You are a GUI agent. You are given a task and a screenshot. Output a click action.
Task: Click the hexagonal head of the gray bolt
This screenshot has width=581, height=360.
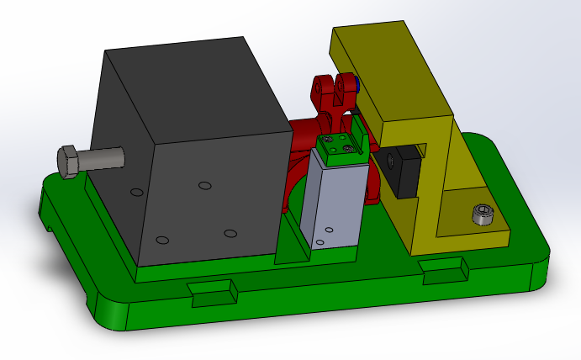tap(70, 161)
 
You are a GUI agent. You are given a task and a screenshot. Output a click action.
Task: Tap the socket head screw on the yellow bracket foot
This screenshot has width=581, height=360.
tap(481, 214)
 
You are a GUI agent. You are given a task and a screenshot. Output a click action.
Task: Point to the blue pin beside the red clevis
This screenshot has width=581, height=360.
tap(357, 84)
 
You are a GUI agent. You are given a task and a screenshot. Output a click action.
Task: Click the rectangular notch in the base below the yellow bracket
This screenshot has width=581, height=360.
tap(443, 268)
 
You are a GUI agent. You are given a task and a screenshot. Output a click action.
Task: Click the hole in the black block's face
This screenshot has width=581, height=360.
tap(390, 161)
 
